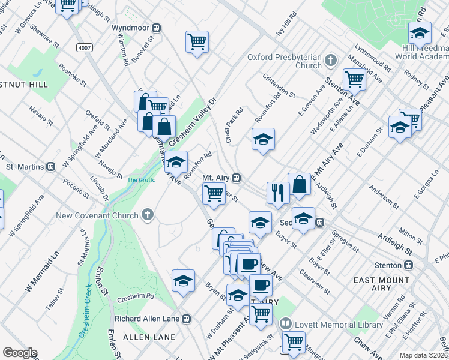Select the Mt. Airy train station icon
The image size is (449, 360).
(237, 178)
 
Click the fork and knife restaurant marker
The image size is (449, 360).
(277, 193)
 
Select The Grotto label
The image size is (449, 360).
(141, 179)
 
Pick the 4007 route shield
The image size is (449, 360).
(83, 46)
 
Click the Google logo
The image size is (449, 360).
(20, 353)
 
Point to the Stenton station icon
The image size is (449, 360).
(408, 265)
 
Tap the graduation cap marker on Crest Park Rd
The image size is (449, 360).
(262, 140)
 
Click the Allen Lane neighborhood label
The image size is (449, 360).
(144, 338)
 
